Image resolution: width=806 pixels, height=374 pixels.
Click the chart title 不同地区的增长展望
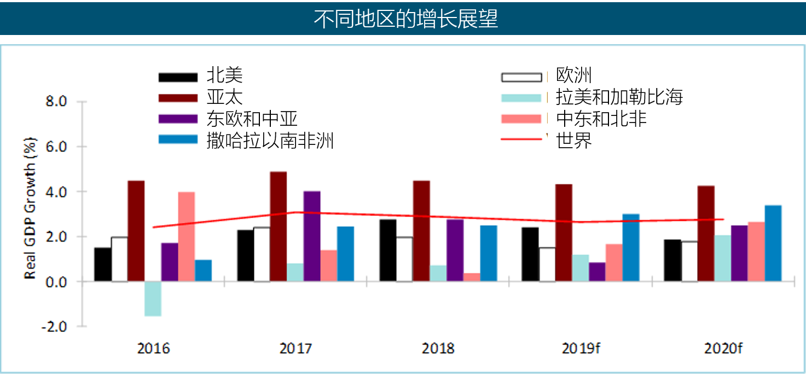coord(405,19)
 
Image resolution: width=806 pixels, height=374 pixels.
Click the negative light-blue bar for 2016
coord(153,299)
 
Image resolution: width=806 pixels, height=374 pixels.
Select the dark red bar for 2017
coord(278,226)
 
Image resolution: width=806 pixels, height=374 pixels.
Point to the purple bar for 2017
coord(311,236)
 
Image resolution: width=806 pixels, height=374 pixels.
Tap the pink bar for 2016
coord(186,237)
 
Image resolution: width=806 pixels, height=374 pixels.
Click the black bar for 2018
coord(387,250)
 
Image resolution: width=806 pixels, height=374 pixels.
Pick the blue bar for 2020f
coord(773,243)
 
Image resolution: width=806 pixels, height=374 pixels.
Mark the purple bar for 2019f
coord(597,272)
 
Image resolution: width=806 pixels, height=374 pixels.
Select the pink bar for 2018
coord(471,277)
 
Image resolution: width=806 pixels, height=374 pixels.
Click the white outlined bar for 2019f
coord(547,265)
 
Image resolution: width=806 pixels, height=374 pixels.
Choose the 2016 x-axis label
coord(153,348)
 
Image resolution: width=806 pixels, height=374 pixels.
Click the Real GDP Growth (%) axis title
coord(31,209)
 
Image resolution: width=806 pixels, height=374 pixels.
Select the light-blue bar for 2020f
coord(722,258)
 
